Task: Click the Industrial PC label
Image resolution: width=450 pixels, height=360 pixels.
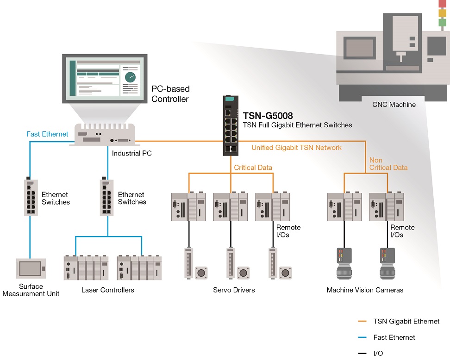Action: pyautogui.click(x=132, y=153)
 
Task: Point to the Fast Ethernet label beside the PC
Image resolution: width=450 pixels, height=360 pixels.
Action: pyautogui.click(x=47, y=134)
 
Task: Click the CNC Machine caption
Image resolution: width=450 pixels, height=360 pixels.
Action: pyautogui.click(x=394, y=105)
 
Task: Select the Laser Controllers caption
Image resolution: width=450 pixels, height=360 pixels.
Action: pyautogui.click(x=107, y=290)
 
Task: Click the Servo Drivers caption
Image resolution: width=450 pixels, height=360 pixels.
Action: pyautogui.click(x=234, y=290)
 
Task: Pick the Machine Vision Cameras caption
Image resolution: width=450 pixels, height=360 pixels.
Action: pyautogui.click(x=365, y=290)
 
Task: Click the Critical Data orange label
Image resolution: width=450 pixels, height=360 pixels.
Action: pyautogui.click(x=253, y=168)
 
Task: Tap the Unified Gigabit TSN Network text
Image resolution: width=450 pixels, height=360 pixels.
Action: pyautogui.click(x=296, y=148)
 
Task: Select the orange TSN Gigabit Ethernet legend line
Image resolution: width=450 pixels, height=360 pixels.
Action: pyautogui.click(x=363, y=321)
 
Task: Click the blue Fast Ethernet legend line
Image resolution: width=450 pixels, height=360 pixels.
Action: pyautogui.click(x=363, y=337)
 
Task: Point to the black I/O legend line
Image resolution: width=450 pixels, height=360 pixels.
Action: pyautogui.click(x=363, y=354)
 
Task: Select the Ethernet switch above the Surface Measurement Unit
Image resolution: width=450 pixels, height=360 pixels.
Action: pyautogui.click(x=31, y=197)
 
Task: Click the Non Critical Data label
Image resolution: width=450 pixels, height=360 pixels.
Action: pyautogui.click(x=388, y=164)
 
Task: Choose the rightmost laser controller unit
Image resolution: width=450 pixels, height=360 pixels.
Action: pyautogui.click(x=139, y=267)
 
